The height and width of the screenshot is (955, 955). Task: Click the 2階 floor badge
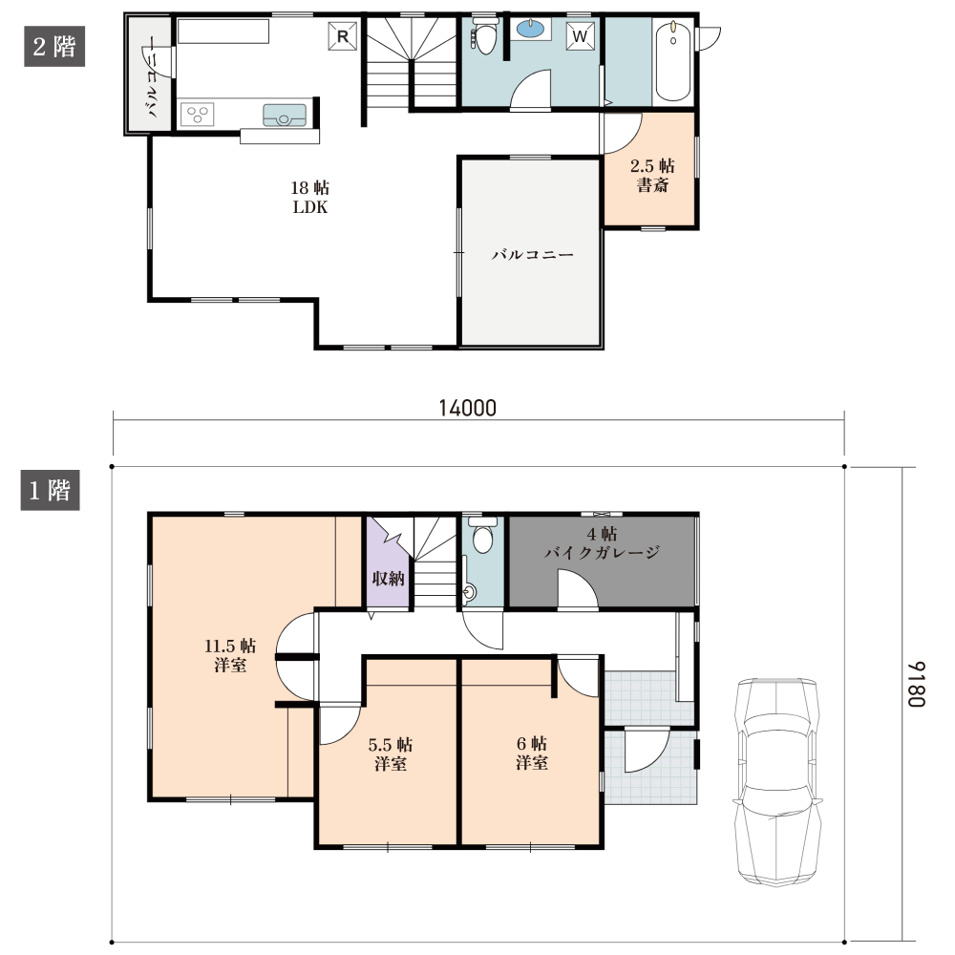54,46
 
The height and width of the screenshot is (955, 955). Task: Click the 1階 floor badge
50,490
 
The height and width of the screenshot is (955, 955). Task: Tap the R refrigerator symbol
342,36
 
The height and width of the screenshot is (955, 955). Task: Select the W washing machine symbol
580,36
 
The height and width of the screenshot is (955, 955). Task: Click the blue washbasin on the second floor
531,28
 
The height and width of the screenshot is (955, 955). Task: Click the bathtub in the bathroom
672,62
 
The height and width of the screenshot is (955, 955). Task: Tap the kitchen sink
284,116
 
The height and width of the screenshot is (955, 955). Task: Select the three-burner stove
198,114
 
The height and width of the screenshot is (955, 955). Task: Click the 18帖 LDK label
310,198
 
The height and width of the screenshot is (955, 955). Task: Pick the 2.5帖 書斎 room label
652,176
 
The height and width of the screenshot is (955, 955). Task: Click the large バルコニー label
532,255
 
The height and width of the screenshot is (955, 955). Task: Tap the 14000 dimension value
468,408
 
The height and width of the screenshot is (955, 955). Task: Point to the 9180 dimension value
917,684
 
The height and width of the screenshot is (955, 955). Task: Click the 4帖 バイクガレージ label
602,543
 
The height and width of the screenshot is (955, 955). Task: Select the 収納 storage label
388,578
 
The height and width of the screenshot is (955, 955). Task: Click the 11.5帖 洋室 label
230,655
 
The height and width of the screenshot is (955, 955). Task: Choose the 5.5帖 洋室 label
391,753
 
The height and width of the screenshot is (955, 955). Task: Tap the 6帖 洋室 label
532,753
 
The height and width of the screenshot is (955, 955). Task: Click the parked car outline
777,781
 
